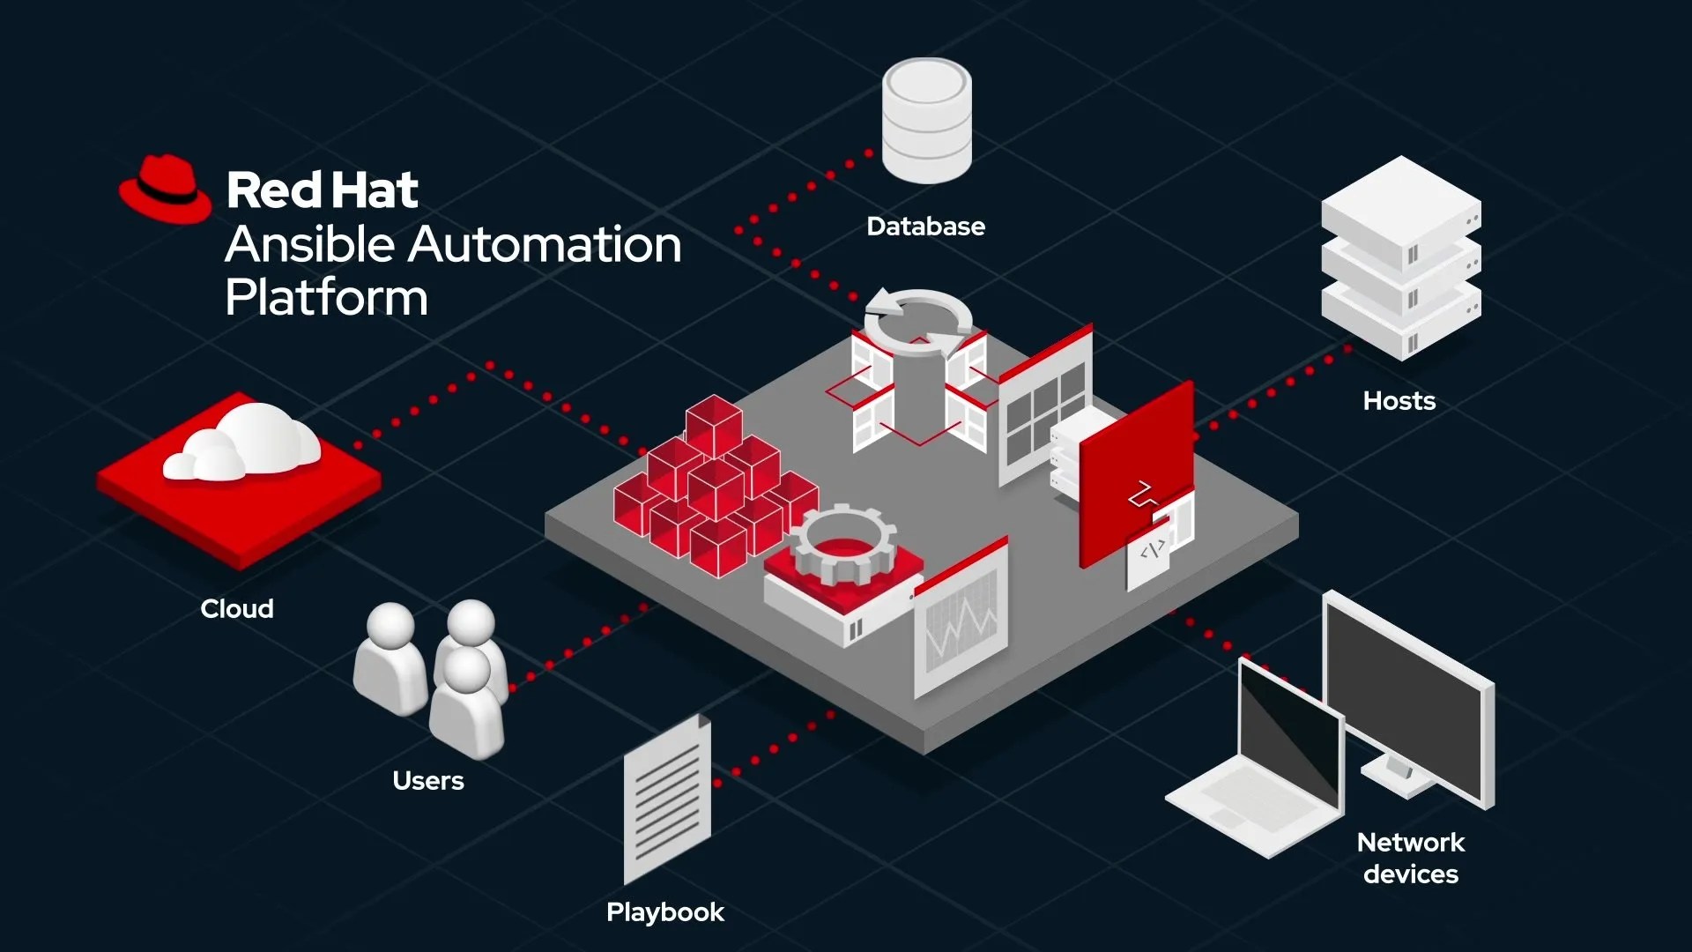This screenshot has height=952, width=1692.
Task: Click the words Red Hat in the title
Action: coord(322,190)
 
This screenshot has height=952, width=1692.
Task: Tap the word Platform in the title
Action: coord(326,298)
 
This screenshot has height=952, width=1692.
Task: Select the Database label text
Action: coord(925,227)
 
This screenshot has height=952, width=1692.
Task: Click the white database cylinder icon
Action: coord(926,121)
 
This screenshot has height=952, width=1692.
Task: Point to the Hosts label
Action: coord(1399,401)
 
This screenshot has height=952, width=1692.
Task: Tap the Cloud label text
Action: coord(236,609)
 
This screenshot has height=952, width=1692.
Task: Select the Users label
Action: coord(427,781)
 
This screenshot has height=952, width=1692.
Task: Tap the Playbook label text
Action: coord(664,912)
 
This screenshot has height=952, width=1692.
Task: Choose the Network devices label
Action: coord(1410,858)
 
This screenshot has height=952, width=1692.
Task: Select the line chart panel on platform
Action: coord(961,621)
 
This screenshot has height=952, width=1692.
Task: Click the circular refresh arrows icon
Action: coord(918,322)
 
